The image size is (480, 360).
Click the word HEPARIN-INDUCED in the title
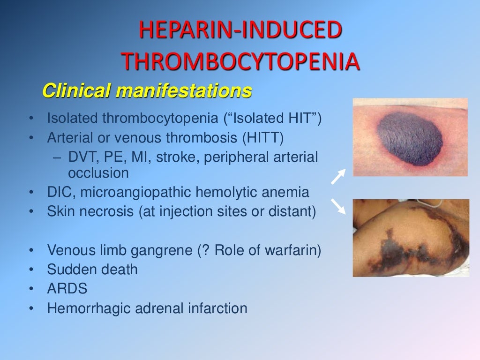[x=240, y=31]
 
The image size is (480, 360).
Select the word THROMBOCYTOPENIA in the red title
[x=240, y=61]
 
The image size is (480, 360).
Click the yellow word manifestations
[x=184, y=90]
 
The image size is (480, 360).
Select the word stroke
[x=178, y=157]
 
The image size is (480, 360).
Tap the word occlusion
[x=98, y=173]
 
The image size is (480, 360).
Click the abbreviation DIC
[x=59, y=192]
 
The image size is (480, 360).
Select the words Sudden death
[x=92, y=269]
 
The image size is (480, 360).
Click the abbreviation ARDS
[x=67, y=288]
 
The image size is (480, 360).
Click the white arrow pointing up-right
[x=338, y=176]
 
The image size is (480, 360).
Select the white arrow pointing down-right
[x=338, y=206]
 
